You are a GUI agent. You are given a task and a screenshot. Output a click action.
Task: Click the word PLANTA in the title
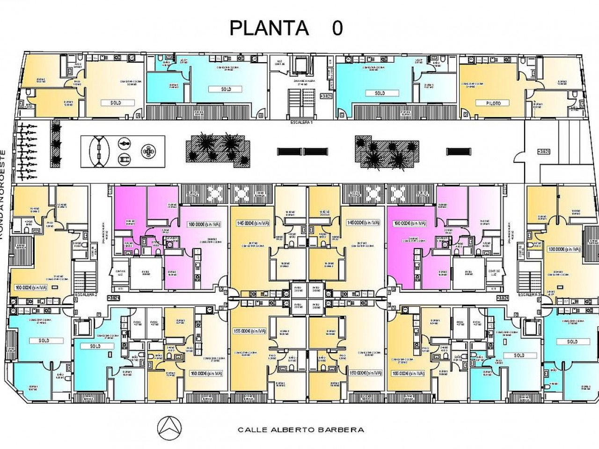(x=269, y=28)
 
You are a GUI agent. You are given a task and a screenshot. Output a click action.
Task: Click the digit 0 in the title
(x=337, y=29)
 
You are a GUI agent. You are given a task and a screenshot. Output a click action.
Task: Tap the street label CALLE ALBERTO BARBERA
(x=300, y=429)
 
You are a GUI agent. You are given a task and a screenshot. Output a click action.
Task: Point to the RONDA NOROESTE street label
(x=3, y=194)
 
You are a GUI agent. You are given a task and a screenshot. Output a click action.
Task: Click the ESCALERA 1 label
(x=301, y=121)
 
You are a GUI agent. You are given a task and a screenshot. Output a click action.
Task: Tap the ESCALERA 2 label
(x=86, y=295)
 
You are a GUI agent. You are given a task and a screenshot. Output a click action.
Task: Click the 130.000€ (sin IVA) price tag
(x=564, y=249)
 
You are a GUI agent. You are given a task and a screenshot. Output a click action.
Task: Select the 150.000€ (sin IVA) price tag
(x=366, y=373)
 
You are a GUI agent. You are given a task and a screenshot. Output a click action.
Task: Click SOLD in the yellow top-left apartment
(x=116, y=102)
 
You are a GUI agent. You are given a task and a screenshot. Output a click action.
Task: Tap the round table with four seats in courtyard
(x=149, y=151)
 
